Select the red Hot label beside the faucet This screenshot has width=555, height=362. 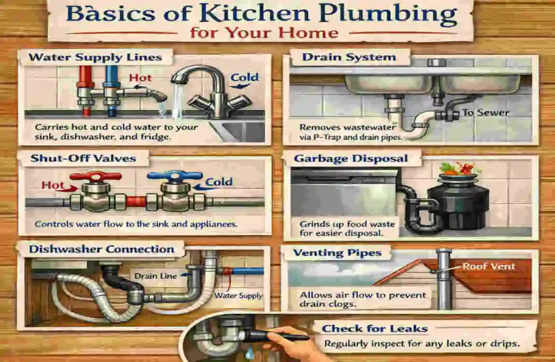point(140,79)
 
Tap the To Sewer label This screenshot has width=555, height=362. point(485,113)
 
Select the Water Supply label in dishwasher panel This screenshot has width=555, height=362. point(238,296)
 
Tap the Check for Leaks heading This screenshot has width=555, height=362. point(375,328)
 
